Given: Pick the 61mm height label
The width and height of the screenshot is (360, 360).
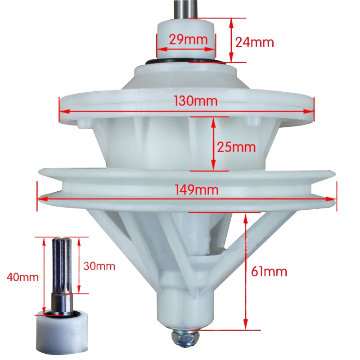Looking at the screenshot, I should click(269, 271).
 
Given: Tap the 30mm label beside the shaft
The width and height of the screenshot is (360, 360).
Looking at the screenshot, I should click(99, 266).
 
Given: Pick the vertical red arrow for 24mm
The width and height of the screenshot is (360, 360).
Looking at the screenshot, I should click(232, 40).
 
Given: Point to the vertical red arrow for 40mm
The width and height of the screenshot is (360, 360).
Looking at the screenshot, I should click(44, 276).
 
